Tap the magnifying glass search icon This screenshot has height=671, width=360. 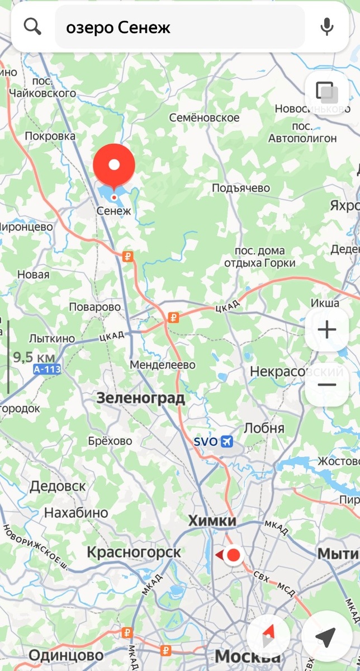pos(33,27)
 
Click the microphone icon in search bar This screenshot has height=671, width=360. pos(327,27)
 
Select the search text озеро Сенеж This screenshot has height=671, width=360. pos(118,27)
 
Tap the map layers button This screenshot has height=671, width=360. pos(326,92)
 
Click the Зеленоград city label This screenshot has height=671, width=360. pos(140,398)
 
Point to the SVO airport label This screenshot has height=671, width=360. pos(206,441)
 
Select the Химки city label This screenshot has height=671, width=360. pos(212,521)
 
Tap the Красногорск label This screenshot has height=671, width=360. pos(134,552)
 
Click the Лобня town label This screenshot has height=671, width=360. pos(264,428)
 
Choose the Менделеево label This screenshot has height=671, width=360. pos(163,365)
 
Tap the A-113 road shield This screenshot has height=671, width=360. pos(46,370)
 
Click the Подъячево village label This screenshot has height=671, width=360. pos(241,188)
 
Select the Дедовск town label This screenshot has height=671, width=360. pos(58,486)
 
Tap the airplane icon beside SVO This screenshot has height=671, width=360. pos(227,442)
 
